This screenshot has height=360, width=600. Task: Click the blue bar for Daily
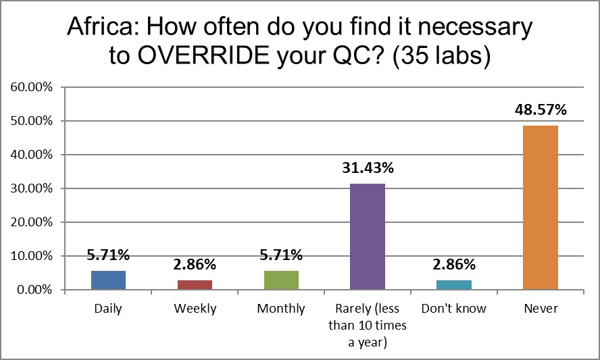coord(108,280)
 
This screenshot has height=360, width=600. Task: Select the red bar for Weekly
coord(195,285)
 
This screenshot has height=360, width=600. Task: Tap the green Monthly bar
coord(281,280)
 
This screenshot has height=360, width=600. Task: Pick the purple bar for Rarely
coord(368,236)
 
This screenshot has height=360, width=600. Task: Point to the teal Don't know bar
coord(454,285)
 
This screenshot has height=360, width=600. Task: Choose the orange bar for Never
coord(541,207)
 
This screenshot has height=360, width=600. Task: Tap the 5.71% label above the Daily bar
coord(108,255)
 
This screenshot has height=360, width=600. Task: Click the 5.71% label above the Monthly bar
coord(281,255)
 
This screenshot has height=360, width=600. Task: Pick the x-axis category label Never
coord(541,309)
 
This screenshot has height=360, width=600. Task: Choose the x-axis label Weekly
coord(195,309)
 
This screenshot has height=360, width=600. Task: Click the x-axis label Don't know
coord(454,309)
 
